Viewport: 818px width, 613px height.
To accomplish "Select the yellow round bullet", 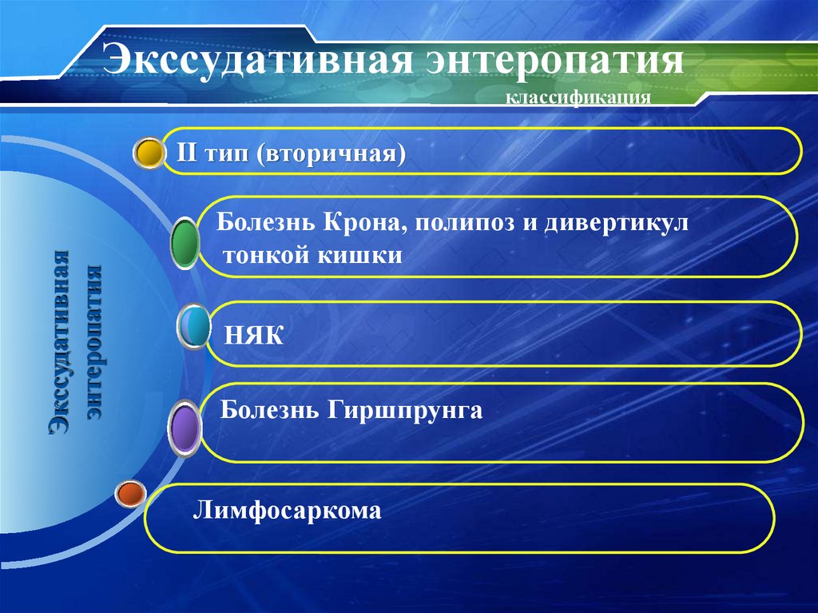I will pos(148,153).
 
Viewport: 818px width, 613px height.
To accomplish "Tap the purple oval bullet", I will pos(185,429).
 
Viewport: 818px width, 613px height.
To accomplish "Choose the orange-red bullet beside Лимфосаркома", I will pos(129,495).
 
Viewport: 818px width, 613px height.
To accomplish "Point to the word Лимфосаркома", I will pos(288,509).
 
